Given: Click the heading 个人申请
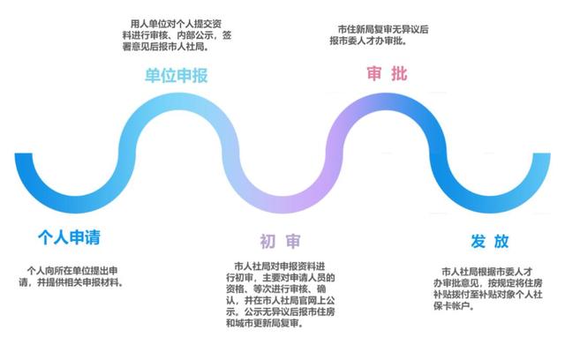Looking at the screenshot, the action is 69,237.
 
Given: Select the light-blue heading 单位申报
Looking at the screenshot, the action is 177,76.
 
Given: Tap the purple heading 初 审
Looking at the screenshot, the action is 281,241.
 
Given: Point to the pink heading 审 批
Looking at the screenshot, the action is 387,73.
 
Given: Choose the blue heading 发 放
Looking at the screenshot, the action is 490,241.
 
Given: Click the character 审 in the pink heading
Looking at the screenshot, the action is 374,73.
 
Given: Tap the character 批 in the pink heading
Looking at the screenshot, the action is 400,73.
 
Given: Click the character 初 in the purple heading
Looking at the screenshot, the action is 267,241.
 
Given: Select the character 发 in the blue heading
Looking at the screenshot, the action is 478,241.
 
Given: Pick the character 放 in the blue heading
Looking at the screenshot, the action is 501,241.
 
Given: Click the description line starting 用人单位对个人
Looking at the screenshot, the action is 177,24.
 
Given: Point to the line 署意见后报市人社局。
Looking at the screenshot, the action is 166,47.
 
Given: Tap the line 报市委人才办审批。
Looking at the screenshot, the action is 368,41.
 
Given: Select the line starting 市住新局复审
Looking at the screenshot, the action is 383,29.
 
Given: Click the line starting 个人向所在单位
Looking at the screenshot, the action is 72,271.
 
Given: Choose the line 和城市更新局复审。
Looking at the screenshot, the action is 265,323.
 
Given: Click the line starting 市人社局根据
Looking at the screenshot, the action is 487,272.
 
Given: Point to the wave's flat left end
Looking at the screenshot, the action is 24,154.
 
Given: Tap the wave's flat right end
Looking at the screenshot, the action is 541,154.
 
